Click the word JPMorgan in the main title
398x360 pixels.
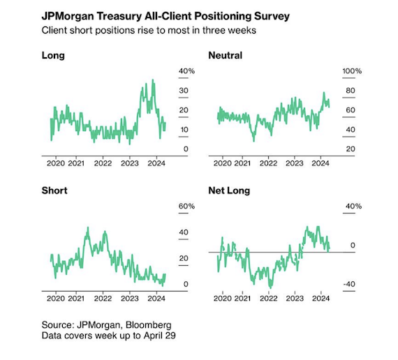[x=68, y=17]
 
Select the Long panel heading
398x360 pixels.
[x=53, y=56]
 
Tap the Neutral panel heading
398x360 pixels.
[x=226, y=56]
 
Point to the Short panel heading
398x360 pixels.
[x=54, y=190]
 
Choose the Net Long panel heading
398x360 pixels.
[x=229, y=190]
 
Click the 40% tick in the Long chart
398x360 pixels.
[x=186, y=71]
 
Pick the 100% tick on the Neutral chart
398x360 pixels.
[x=352, y=71]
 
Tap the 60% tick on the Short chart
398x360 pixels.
[x=186, y=207]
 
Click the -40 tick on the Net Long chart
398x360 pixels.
[x=349, y=284]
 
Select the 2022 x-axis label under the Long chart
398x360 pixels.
[x=103, y=163]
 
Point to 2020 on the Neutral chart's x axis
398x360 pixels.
[x=223, y=163]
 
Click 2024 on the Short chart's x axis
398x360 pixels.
[x=156, y=299]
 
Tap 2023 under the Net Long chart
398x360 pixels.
[x=295, y=299]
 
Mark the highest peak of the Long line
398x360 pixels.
[x=152, y=80]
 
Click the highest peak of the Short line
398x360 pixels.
[x=88, y=228]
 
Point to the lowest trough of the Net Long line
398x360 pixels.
[x=270, y=287]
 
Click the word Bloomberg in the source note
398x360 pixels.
[x=149, y=325]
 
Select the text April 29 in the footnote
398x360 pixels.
[x=160, y=336]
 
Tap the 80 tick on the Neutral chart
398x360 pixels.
[x=351, y=91]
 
